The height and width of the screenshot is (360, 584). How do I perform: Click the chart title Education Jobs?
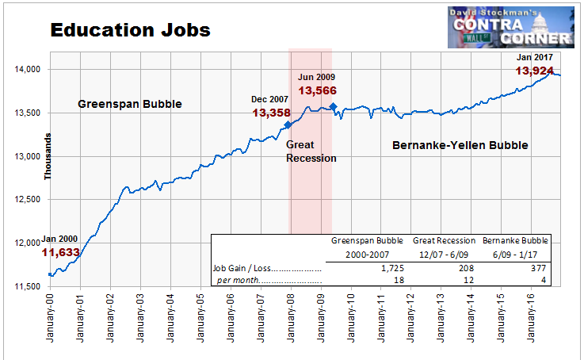[x=131, y=30]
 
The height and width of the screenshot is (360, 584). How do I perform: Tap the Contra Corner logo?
[x=511, y=27]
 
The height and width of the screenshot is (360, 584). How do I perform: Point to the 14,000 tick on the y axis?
[x=27, y=69]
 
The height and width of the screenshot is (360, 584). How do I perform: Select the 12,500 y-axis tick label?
[x=27, y=199]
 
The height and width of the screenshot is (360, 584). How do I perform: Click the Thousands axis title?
[x=48, y=156]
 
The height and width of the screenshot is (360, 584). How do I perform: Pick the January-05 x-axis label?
[x=200, y=318]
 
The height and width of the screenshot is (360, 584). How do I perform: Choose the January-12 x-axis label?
[x=410, y=318]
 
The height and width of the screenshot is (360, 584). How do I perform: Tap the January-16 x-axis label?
[x=531, y=318]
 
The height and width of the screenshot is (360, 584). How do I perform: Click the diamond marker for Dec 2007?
[x=288, y=124]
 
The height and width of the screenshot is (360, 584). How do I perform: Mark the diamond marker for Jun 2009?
[x=333, y=107]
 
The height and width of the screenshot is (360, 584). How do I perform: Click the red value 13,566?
[x=317, y=90]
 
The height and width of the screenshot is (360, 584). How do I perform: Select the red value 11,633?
[x=61, y=253]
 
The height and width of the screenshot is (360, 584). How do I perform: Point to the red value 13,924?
[x=534, y=71]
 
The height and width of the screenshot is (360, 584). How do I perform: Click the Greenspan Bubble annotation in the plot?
[x=130, y=104]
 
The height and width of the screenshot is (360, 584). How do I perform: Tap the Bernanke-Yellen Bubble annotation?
[x=460, y=145]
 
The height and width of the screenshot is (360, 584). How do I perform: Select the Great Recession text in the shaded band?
[x=311, y=151]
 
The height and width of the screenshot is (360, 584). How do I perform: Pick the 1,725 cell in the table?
[x=392, y=268]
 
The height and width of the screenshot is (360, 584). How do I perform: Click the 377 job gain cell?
[x=539, y=268]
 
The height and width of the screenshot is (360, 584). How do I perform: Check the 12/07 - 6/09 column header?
[x=444, y=255]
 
